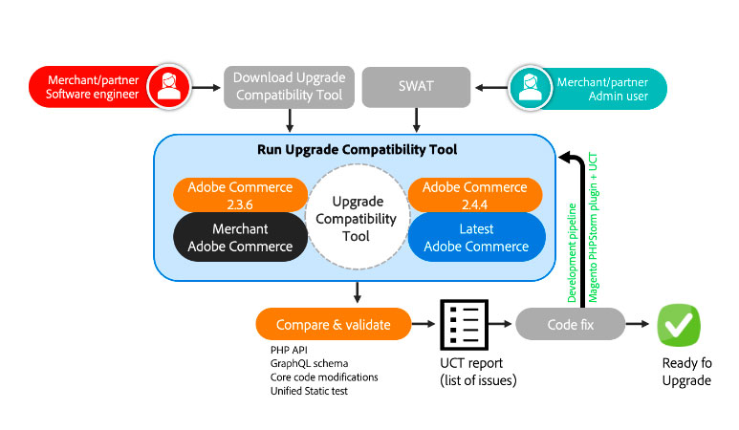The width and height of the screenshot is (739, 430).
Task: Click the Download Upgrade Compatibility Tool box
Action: pos(290,86)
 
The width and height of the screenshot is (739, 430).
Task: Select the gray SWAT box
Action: pos(416,86)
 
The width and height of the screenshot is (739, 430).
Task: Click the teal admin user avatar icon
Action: pos(528,87)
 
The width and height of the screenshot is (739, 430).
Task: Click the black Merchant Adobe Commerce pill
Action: pos(240,237)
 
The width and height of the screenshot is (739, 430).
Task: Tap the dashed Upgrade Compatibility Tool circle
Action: pos(356,219)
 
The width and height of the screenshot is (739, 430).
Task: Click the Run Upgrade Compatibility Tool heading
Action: pos(357,150)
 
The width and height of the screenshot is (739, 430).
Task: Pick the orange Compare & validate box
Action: pos(333,325)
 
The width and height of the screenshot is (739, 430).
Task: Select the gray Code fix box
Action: pos(570,325)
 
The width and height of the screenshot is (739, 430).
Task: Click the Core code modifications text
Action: pos(324,376)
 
